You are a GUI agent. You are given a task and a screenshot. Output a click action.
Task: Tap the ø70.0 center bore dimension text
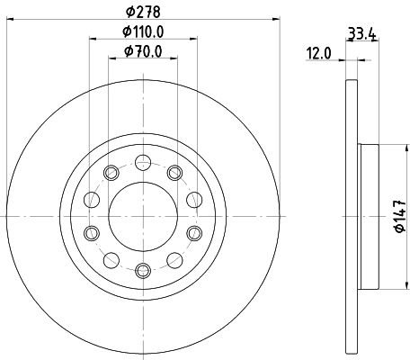coord(143,53)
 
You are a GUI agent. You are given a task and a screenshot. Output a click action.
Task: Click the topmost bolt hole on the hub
coord(143,163)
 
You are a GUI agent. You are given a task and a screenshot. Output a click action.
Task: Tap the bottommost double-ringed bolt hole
coord(143,269)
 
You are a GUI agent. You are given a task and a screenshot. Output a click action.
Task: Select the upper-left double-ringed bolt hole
coord(112,173)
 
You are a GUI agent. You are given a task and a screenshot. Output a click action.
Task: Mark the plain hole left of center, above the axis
coord(91,200)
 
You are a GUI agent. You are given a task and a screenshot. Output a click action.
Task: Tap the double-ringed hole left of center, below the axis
coord(91,233)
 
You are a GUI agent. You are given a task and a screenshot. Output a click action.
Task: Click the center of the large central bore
coord(143,216)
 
